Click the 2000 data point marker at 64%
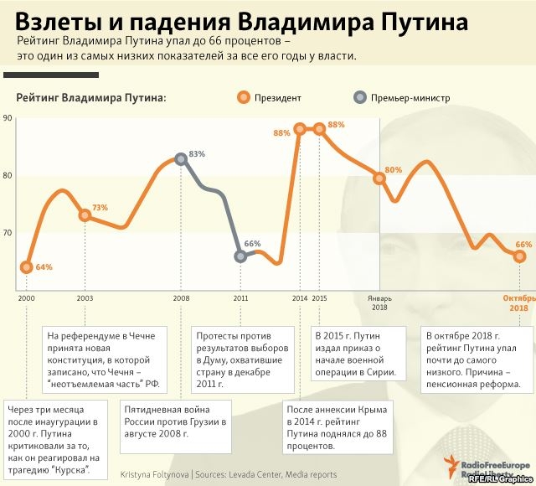tap(27, 267)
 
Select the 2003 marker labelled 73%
tap(85, 215)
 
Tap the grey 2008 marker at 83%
tap(181, 158)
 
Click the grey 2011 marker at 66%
tap(240, 256)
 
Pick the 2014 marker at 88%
tap(300, 129)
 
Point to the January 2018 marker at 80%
tap(379, 178)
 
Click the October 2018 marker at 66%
tap(518, 256)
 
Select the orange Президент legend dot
tap(243, 97)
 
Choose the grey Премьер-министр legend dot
tap(360, 97)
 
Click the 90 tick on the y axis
tap(8, 118)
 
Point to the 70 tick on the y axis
tap(8, 232)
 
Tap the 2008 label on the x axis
tap(181, 298)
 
